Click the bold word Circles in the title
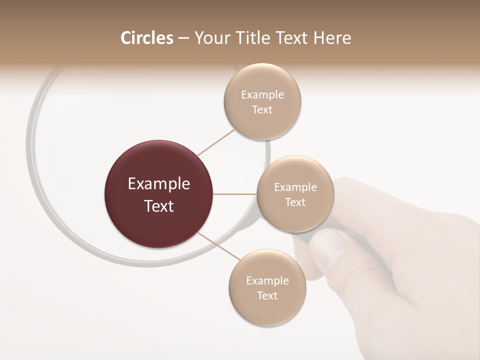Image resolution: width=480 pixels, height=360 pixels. tap(147, 38)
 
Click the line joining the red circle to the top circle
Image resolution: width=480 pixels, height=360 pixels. tap(215, 142)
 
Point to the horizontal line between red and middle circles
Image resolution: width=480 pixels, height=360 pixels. tap(235, 194)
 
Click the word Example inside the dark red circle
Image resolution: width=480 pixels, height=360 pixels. tap(159, 184)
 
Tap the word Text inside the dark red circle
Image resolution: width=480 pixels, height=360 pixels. tap(159, 206)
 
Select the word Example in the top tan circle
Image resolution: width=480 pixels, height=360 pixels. tap(262, 95)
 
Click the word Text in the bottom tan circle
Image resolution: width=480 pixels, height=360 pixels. tap(267, 295)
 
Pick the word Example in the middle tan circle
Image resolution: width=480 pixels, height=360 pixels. tap(295, 187)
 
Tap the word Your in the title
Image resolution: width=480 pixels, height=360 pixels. tap(208, 38)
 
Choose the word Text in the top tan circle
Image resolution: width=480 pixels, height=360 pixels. tap(262, 110)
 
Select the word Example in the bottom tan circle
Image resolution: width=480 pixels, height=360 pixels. tap(267, 281)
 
